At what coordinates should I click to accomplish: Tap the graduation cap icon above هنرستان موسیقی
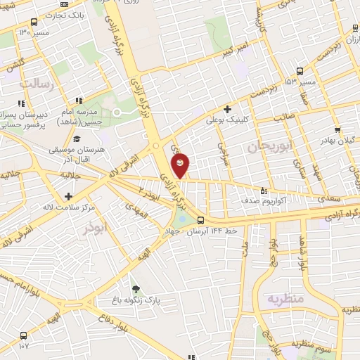(77, 139)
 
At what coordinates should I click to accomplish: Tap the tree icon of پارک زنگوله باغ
(135, 288)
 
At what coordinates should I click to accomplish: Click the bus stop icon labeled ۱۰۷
(24, 336)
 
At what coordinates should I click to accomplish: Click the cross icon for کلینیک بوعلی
(227, 109)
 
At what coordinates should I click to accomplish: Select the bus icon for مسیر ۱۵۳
(300, 71)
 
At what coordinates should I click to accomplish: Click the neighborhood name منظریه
(285, 299)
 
